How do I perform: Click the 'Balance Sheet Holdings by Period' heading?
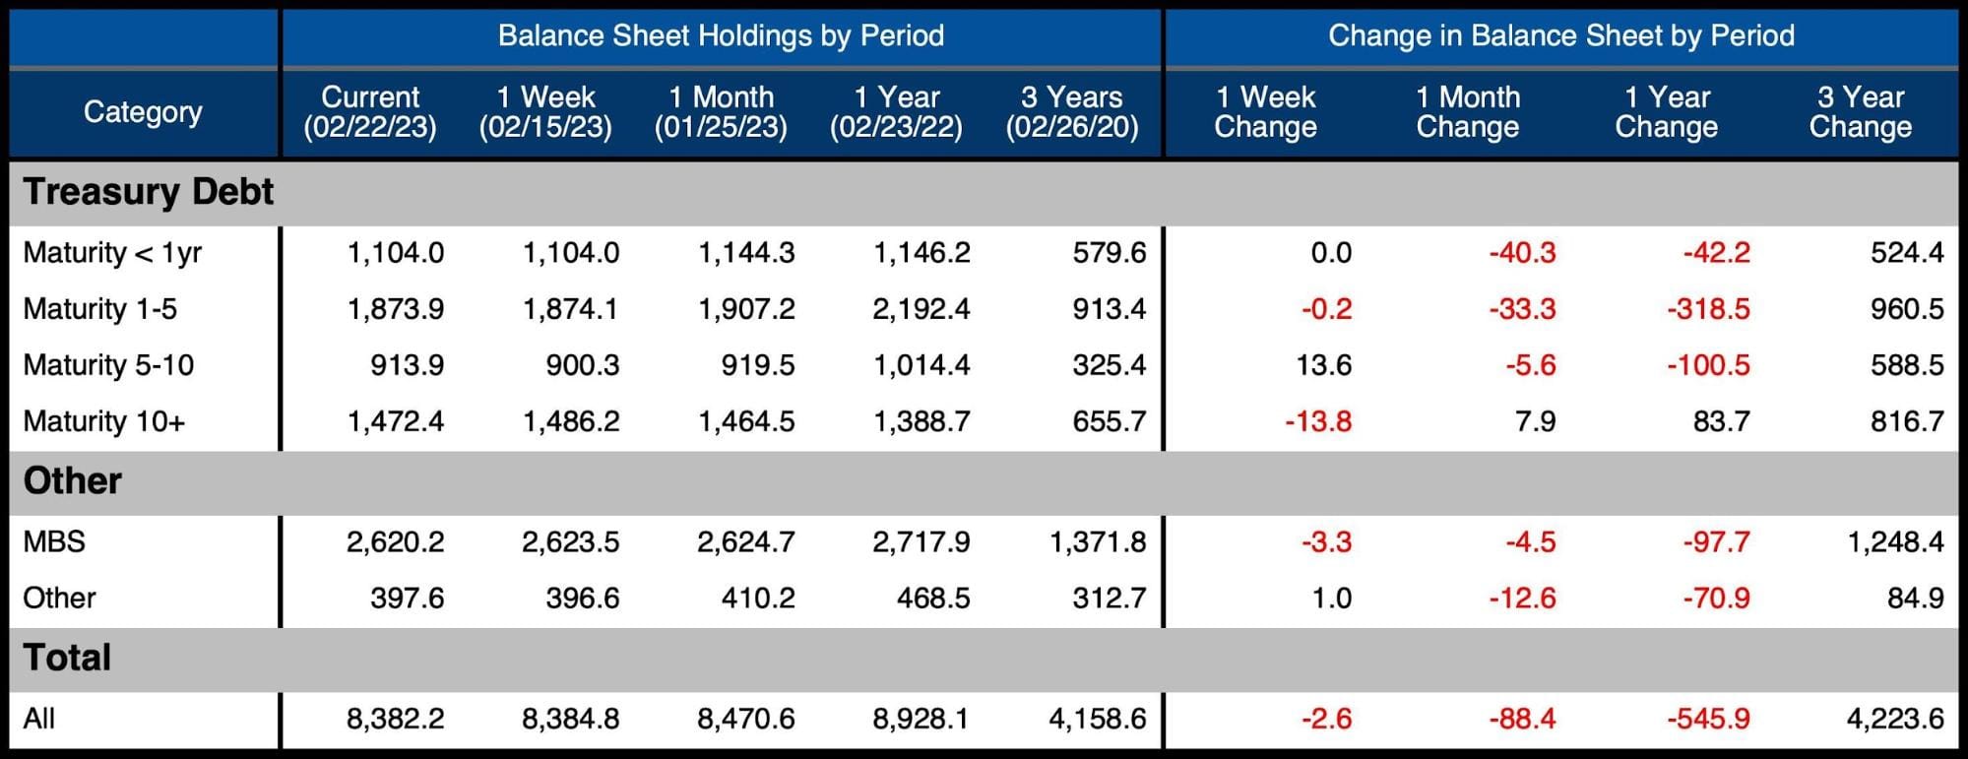tap(721, 36)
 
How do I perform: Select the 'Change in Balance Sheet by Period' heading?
tap(1560, 36)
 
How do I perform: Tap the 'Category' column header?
tap(143, 112)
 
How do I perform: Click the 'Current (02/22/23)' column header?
tap(370, 112)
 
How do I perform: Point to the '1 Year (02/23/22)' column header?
tap(896, 112)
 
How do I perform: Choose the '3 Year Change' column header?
tap(1860, 112)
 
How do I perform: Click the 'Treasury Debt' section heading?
tap(148, 192)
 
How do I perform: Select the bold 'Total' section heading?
tap(67, 658)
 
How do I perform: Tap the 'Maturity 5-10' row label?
tap(108, 365)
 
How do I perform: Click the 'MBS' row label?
tap(54, 541)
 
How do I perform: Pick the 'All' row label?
tap(39, 719)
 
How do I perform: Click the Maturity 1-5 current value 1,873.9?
tap(395, 309)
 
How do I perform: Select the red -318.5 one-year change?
tap(1708, 309)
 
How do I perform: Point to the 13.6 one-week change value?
tap(1323, 365)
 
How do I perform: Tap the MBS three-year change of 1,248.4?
tap(1895, 541)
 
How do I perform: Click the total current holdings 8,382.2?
tap(395, 719)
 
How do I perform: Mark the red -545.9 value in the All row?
tap(1708, 719)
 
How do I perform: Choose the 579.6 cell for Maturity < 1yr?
tap(1110, 253)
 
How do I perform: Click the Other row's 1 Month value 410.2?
tap(757, 598)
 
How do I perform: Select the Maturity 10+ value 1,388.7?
tap(921, 421)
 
